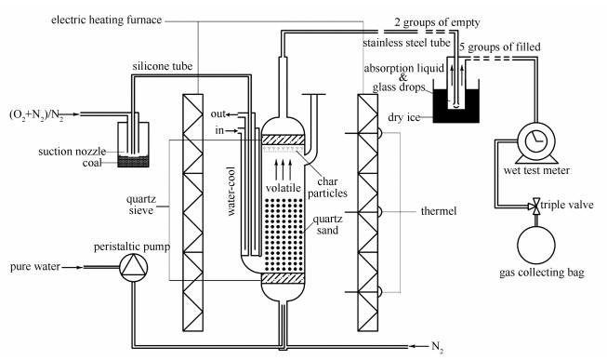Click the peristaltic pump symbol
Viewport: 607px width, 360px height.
(133, 267)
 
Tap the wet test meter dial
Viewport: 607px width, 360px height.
(536, 141)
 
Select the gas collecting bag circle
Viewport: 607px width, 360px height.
(536, 246)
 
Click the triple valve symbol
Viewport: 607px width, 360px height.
(536, 206)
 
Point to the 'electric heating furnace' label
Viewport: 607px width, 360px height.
(107, 20)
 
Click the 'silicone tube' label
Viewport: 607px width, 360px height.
(162, 66)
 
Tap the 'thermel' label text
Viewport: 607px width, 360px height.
(439, 211)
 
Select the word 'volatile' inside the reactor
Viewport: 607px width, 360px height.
(283, 188)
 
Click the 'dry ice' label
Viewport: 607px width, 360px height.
(403, 117)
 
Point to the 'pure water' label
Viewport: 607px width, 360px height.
(35, 267)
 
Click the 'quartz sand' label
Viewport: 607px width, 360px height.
(327, 224)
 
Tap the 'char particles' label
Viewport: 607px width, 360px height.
(327, 187)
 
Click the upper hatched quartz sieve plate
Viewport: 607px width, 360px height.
(284, 140)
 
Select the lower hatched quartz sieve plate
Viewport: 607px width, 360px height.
(284, 278)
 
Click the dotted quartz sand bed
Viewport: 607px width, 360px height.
(284, 234)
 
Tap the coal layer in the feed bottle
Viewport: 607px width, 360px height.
(133, 162)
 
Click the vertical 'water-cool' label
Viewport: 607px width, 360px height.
(231, 191)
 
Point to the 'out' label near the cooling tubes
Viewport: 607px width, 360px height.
(218, 113)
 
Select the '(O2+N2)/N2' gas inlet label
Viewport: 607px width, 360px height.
(36, 115)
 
